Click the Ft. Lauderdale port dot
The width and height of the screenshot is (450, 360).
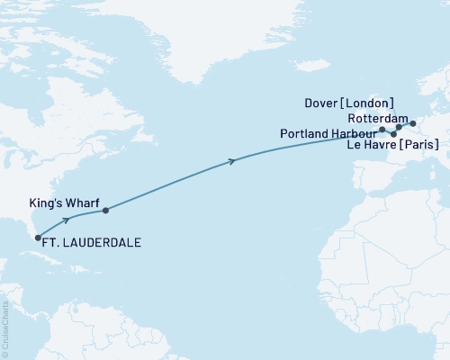[x=38, y=238]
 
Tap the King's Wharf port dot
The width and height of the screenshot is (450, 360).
[x=106, y=211]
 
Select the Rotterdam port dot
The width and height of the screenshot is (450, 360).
[x=413, y=123]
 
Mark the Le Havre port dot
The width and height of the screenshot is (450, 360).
[x=394, y=134]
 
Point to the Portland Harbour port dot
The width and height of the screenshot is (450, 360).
[x=382, y=130]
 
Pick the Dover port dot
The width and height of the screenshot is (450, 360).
[x=399, y=128]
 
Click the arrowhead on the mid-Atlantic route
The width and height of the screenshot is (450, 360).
[x=233, y=161]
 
